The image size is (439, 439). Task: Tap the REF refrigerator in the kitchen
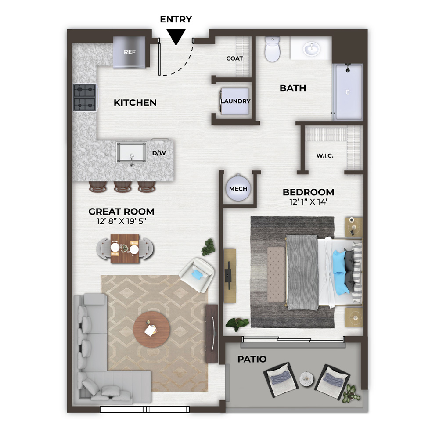coord(130,52)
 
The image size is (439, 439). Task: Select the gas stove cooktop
coord(85,97)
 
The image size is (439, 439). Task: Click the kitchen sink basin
coord(131,153)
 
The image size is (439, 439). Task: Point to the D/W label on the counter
coord(159,153)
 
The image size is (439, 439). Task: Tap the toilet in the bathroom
coord(273,49)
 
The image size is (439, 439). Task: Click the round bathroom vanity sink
coord(312,49)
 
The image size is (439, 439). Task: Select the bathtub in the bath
coord(348,92)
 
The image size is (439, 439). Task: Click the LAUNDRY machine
coord(234,101)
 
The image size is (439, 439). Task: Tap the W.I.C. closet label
coord(325,156)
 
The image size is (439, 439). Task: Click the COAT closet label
coord(234,58)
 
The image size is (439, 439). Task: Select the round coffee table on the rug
coord(151,329)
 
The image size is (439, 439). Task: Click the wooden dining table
coord(125,248)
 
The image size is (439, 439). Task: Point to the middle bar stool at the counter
coord(122,187)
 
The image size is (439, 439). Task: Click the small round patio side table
coord(306,379)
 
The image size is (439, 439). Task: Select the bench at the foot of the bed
coord(276,274)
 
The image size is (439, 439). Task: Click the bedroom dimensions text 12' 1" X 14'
coord(308,202)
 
